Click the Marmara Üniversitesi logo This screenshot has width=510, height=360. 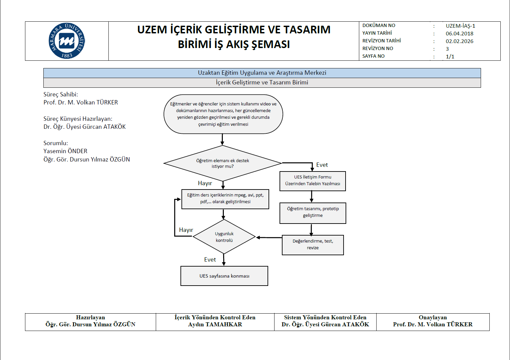point(67,41)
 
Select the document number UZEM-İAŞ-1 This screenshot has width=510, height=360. point(460,26)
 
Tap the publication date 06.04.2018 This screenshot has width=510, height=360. point(459,33)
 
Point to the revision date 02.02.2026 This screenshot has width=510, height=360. point(459,41)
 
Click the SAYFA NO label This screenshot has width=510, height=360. point(373,56)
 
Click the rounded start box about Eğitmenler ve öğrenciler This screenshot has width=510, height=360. point(223,114)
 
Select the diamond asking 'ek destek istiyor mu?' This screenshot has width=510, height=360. point(222,163)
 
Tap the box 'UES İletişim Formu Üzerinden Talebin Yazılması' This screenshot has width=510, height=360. point(313,181)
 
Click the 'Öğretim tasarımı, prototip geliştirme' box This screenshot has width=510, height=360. point(313,213)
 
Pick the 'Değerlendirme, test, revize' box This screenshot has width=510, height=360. point(313,245)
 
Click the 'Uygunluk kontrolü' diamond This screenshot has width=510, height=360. point(224,237)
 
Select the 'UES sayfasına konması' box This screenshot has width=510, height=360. point(224,276)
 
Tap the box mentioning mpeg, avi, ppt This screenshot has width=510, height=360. point(225,199)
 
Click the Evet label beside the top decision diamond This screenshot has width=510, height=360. point(322,165)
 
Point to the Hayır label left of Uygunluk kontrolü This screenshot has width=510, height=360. point(186,230)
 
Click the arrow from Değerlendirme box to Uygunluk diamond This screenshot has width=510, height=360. point(269,238)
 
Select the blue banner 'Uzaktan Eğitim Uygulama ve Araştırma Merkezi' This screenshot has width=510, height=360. point(262,73)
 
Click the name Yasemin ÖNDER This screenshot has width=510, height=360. point(65,151)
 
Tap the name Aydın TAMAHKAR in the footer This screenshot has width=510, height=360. point(215,324)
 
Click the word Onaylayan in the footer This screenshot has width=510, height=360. point(433,317)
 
